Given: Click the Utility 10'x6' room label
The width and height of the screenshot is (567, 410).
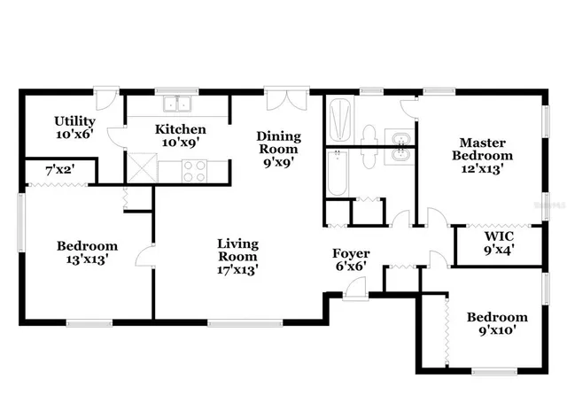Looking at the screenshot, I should pos(74,128).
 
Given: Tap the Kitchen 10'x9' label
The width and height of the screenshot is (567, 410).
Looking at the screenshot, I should pos(180,135).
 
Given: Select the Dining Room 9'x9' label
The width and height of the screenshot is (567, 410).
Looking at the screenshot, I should pos(278,149).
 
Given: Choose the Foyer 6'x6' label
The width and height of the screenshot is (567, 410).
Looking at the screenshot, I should pos(351,260).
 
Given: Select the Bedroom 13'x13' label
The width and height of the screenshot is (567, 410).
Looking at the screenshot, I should pos(87,252).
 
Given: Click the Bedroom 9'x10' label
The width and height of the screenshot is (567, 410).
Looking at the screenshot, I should pos(497,323).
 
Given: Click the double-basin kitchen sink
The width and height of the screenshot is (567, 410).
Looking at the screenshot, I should pos(183,104).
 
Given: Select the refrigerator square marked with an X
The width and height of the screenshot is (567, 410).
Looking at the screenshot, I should pos(141,167).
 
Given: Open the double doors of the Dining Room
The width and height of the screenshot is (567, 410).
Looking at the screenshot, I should pos(287,98).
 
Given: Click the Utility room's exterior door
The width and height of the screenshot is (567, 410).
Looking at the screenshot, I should pos(105,96).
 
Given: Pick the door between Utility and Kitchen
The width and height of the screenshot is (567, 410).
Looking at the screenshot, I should pos(114,141).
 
